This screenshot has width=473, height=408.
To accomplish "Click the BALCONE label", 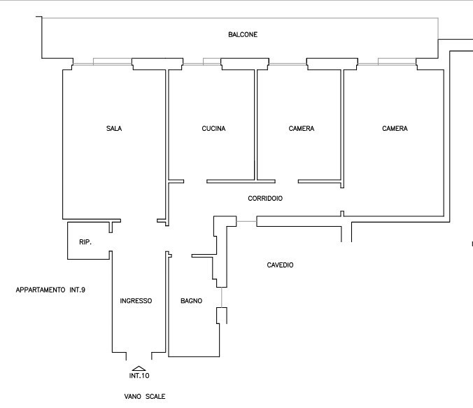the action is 243,35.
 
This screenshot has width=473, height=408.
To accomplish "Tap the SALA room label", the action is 114,129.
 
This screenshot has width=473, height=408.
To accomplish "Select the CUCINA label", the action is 213,129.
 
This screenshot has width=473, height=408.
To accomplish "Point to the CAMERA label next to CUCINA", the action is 302,129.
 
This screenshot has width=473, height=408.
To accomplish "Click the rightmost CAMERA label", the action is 395,129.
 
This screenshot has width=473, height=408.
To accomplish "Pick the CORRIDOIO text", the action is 265,199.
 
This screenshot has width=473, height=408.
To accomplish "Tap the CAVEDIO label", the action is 280,265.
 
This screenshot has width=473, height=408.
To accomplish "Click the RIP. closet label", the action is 85,242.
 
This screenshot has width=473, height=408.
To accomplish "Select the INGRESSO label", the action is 136,301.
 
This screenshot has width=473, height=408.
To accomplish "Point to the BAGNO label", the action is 191,301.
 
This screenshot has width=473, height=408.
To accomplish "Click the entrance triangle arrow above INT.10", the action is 139,368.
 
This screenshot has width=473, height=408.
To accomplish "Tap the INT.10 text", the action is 139,376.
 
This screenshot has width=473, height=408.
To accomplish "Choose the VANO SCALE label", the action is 145,397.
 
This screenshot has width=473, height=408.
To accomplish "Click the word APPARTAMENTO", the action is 41,290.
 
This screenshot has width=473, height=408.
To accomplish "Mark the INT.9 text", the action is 78,290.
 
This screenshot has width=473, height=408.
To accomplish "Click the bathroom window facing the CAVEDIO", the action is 222,297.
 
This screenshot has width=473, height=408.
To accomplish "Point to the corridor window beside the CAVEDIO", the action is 246,222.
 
